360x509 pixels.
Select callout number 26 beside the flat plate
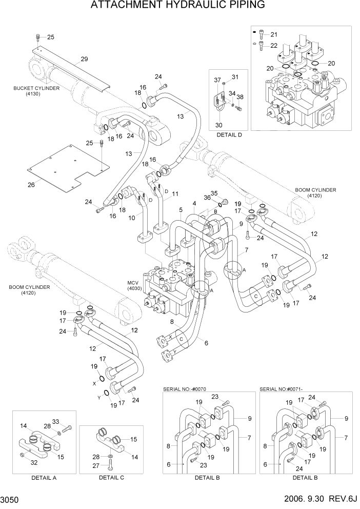(x=31, y=184)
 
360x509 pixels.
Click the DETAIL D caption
(x=229, y=135)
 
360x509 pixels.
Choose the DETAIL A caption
(x=43, y=477)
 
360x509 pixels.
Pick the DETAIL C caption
(x=111, y=477)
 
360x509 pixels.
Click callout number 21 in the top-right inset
(x=273, y=35)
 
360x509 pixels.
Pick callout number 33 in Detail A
(x=56, y=421)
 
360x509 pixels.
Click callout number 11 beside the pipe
(x=175, y=194)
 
